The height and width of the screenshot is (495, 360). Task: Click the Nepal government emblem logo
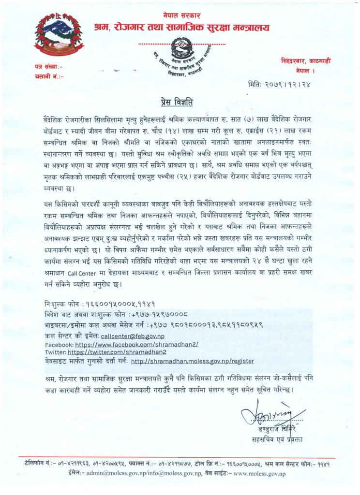[x=59, y=33]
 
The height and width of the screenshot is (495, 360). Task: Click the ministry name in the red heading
[x=182, y=27]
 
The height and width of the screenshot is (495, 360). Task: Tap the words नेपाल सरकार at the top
[x=181, y=16]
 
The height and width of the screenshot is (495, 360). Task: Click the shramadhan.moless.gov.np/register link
[x=192, y=361]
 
